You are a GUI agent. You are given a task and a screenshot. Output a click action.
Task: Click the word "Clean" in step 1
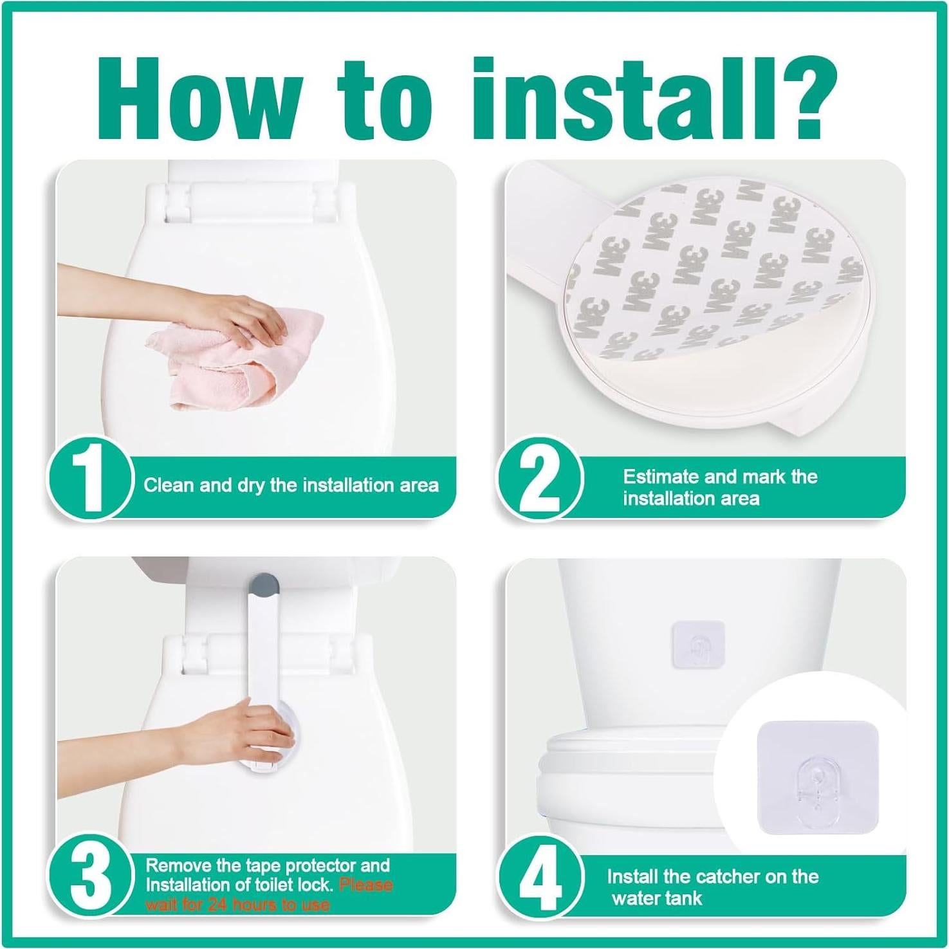169,484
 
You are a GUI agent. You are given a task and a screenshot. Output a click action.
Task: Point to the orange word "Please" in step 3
365,885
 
